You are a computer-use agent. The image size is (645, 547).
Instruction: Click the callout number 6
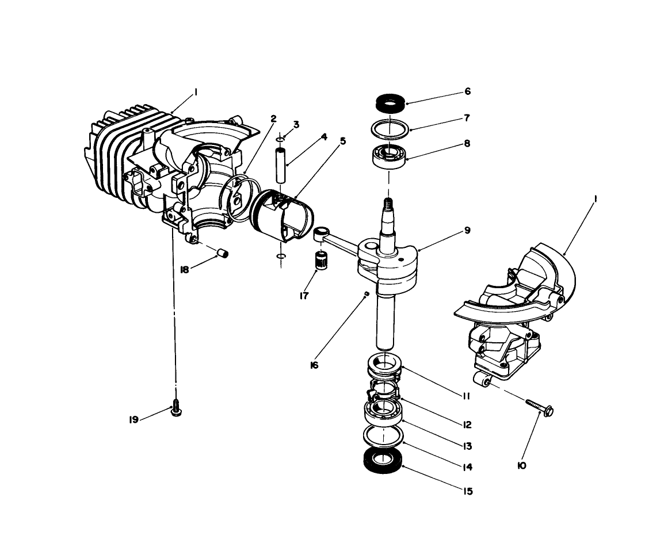tap(467, 91)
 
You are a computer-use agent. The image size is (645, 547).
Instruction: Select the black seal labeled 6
tap(390, 104)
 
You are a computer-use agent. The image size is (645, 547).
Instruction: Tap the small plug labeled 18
tap(223, 253)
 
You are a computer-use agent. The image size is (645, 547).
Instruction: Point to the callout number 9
tap(467, 230)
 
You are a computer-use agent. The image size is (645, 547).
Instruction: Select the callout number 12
tap(467, 425)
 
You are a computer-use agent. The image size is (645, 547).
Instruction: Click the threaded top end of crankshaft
tap(388, 203)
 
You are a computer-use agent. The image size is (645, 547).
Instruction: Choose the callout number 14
tap(467, 467)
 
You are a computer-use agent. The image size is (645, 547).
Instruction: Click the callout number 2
tap(273, 118)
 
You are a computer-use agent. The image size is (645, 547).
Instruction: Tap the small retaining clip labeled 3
tap(280, 139)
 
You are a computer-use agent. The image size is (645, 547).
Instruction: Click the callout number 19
tap(133, 420)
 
